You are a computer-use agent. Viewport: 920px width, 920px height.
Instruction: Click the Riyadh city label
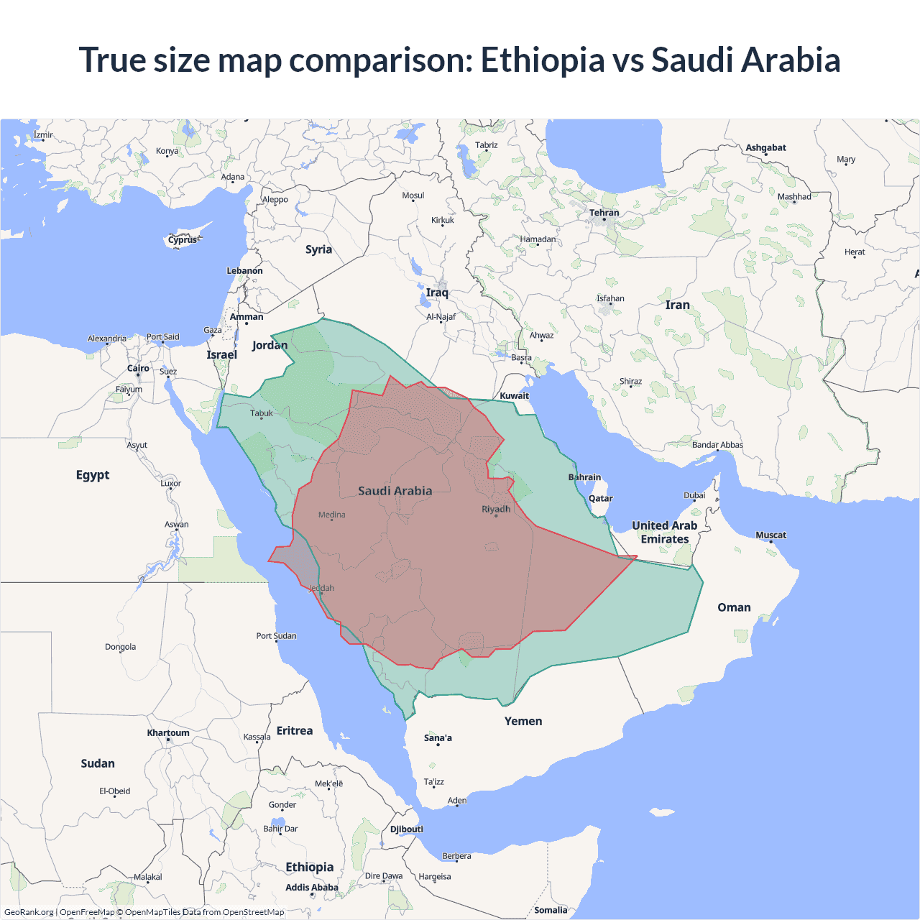496,509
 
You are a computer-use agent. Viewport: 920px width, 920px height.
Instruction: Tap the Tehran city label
604,213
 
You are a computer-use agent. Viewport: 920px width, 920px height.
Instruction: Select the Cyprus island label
183,240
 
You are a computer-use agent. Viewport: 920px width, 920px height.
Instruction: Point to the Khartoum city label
168,733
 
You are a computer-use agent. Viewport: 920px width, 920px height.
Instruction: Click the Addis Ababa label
311,888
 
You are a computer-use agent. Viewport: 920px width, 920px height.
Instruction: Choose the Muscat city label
770,535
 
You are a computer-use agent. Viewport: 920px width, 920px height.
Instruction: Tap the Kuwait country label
514,395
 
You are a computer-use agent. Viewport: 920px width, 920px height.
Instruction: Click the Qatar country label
600,498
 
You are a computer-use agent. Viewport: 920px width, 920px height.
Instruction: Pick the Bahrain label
584,477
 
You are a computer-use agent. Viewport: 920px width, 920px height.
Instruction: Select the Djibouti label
406,829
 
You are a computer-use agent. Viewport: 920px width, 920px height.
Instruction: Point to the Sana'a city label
438,738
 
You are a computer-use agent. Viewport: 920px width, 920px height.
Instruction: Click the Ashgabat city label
765,147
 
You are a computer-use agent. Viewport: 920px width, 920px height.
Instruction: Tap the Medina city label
331,515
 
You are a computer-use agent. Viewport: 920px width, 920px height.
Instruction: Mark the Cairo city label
138,368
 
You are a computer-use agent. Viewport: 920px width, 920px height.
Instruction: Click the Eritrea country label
295,731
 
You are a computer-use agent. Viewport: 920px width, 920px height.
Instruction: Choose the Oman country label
734,607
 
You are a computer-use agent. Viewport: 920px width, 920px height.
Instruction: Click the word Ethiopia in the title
543,60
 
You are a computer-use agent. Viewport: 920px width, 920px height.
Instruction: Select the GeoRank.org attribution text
29,912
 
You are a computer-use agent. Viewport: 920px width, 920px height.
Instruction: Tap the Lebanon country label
244,271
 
